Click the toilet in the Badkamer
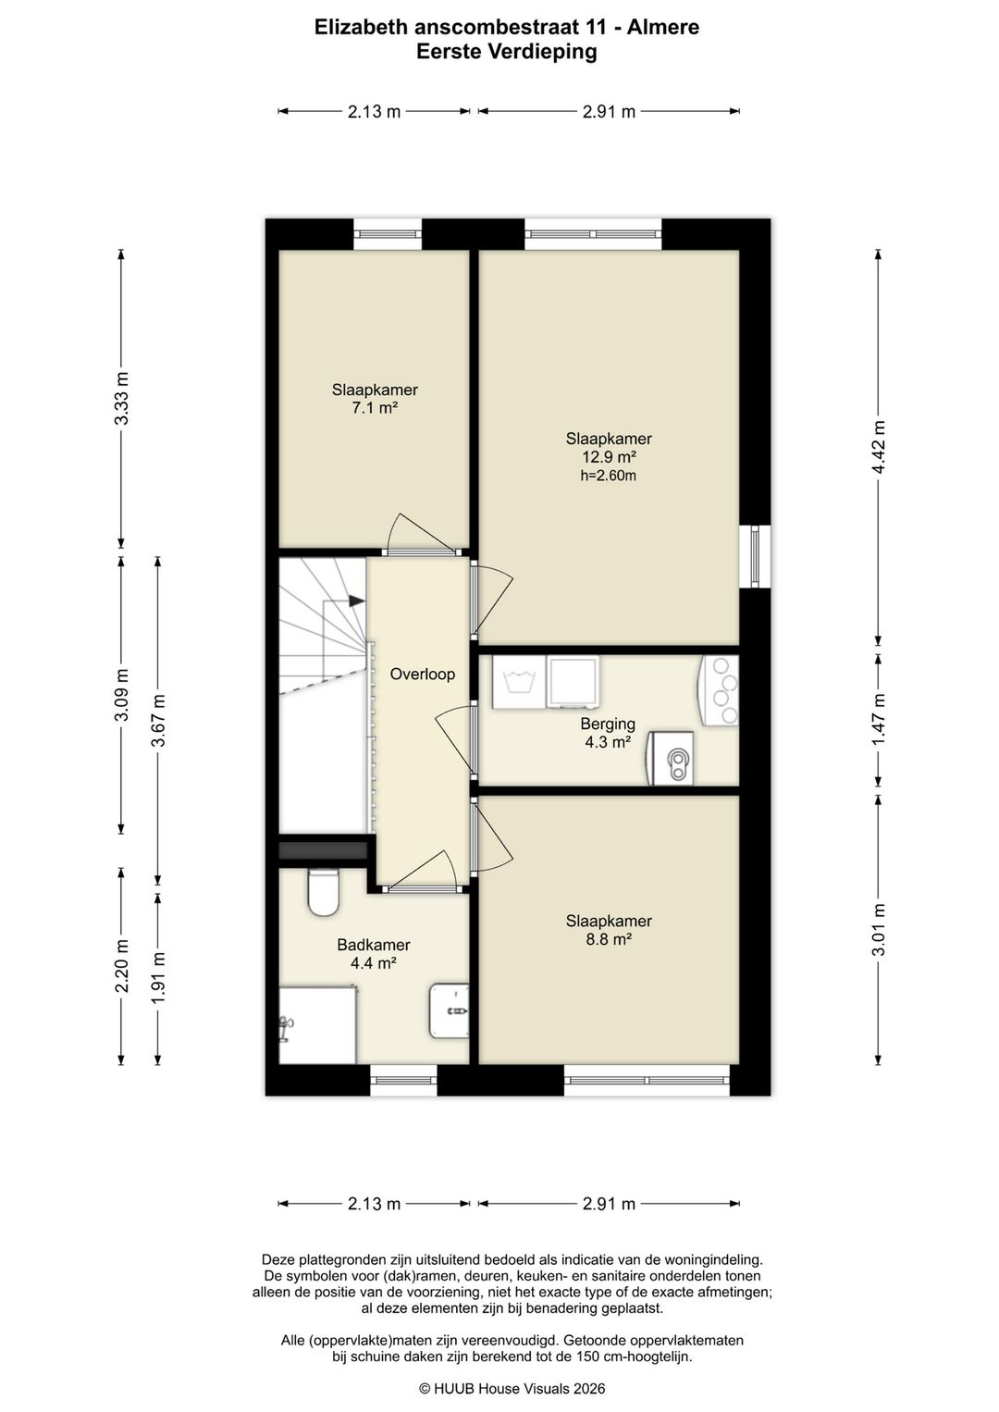[324, 892]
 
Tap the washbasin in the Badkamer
[449, 1011]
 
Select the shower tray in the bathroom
[317, 1025]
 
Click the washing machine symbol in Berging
[519, 682]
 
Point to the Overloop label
[423, 674]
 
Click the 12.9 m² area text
[609, 456]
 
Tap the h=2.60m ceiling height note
[609, 476]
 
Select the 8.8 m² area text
[609, 939]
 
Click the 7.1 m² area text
[375, 407]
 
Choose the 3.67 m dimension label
[158, 720]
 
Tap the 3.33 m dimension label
[122, 399]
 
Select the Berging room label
[608, 724]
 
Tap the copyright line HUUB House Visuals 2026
[512, 1388]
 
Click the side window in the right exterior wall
[755, 556]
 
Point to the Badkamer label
[374, 945]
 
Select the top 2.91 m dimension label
[609, 112]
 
